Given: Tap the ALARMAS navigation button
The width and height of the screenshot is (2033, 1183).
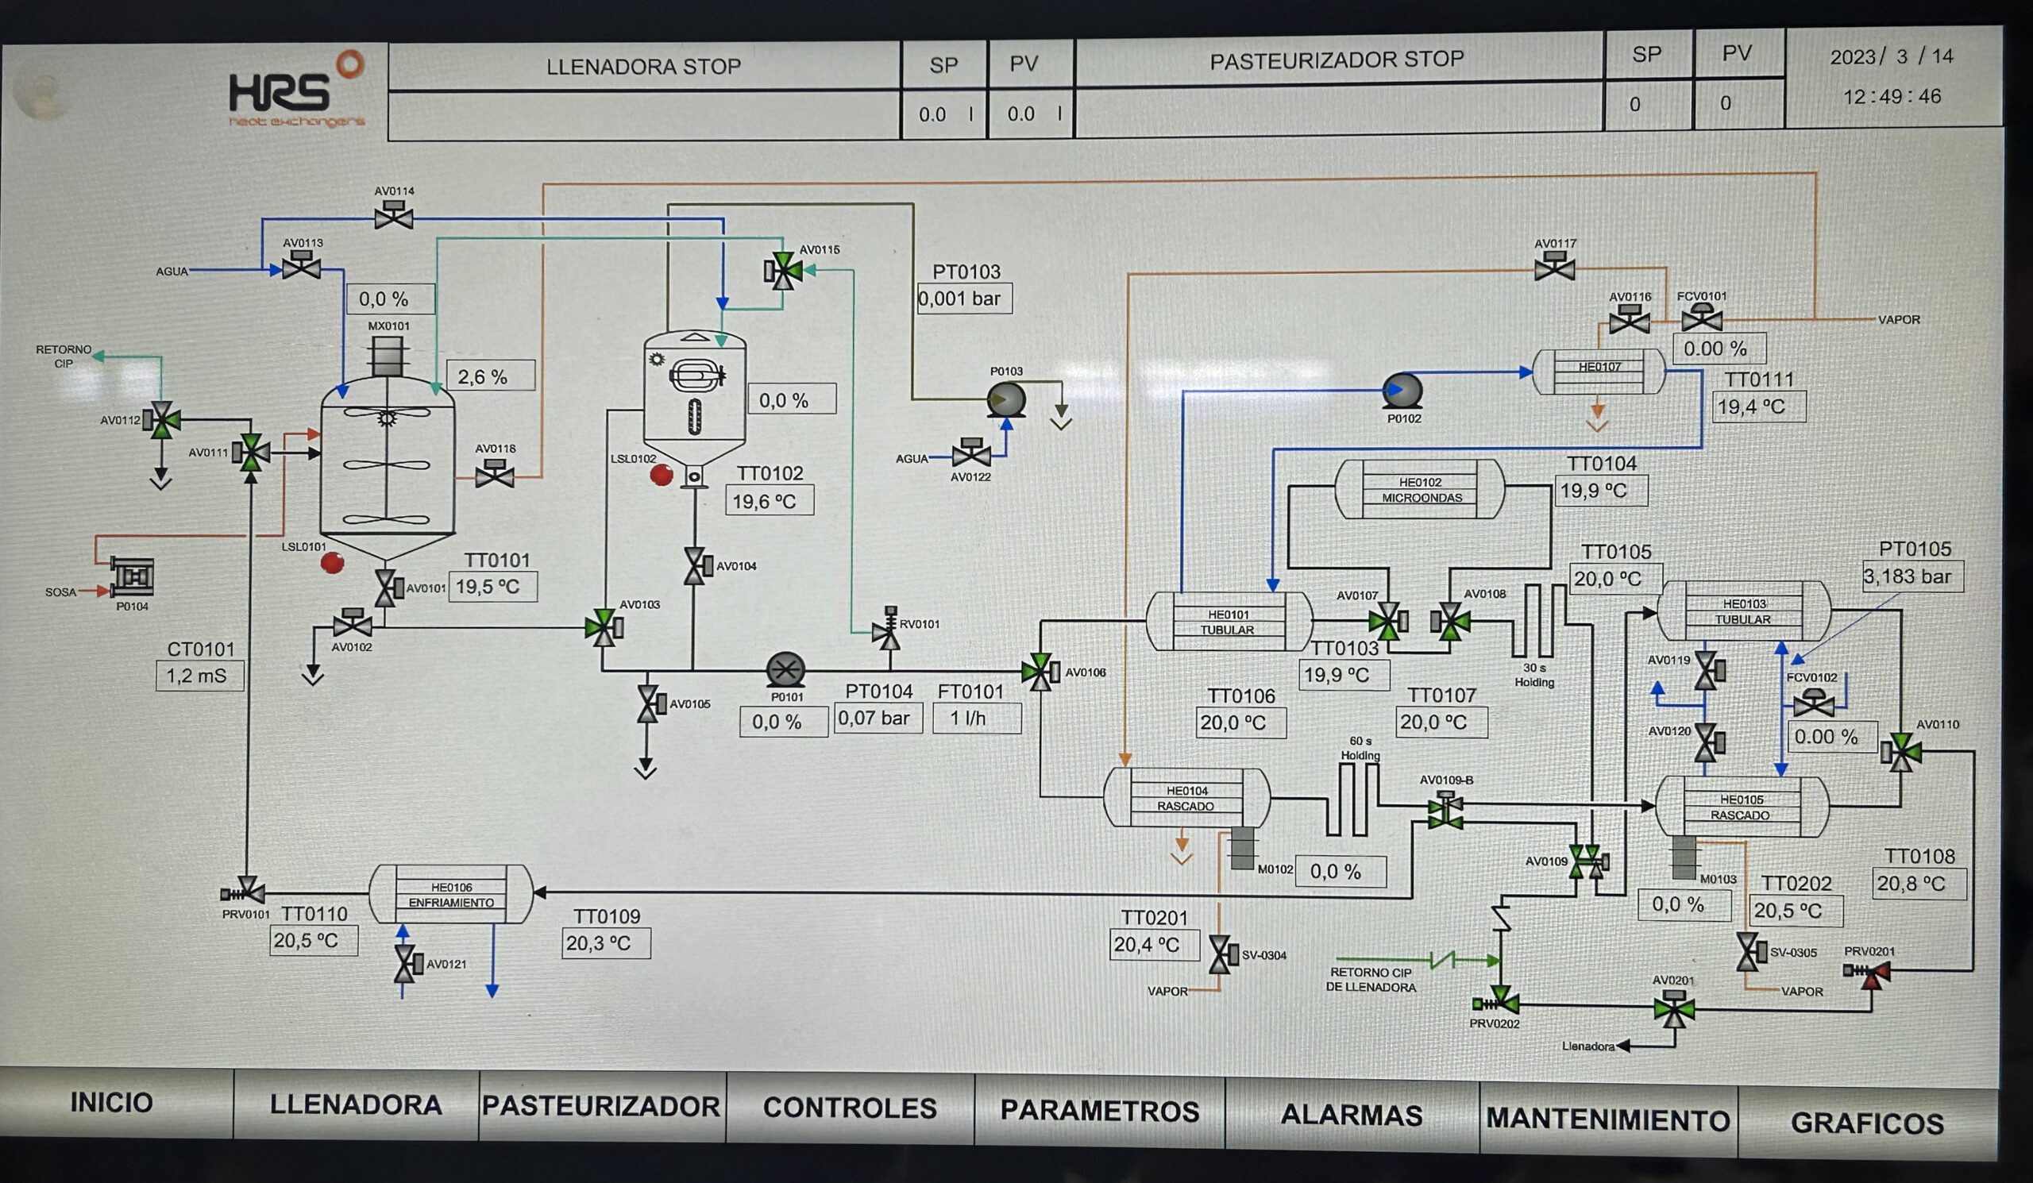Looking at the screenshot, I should point(1352,1114).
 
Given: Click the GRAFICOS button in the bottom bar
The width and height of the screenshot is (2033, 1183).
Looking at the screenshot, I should point(1867,1122).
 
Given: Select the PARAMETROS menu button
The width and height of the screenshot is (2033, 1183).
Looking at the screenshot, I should point(1100,1111).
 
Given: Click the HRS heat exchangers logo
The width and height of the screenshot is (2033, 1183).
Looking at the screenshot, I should point(296,92).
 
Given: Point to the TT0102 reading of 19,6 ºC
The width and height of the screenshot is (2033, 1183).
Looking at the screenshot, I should point(769,501).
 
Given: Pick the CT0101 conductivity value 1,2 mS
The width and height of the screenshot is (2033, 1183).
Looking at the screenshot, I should point(199,675).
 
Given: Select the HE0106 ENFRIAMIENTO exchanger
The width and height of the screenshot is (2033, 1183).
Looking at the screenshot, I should point(451,894).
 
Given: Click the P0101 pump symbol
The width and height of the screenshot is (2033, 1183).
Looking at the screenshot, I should point(785,669).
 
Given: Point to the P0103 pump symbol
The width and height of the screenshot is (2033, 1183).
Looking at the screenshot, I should point(1007,399).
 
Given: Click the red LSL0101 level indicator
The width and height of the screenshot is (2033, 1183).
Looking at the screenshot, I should point(333,562).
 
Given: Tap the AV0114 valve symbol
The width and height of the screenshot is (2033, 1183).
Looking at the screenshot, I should point(394,217).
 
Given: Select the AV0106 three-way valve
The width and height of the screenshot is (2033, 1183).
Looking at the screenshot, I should point(1039,672).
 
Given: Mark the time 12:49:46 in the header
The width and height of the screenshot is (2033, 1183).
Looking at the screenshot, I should point(1892,97).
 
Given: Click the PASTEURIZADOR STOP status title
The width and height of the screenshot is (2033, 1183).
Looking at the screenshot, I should point(1336,60).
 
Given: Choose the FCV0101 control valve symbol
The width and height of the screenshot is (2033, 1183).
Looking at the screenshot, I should point(1701,318).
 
